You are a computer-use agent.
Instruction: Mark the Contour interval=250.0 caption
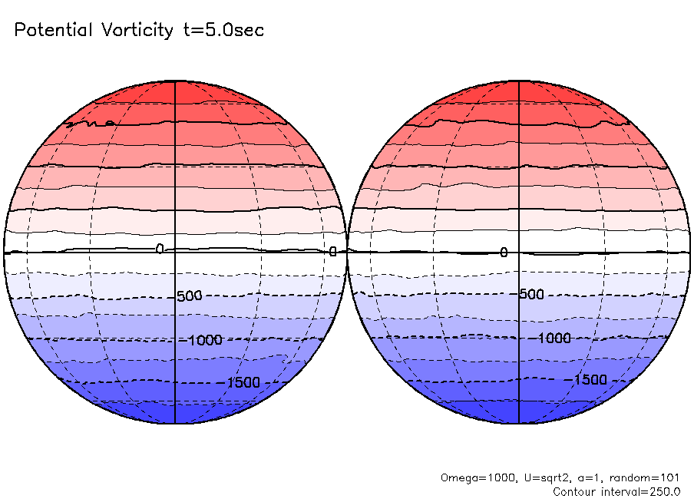[x=616, y=491]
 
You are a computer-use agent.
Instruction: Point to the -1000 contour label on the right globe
[x=553, y=338]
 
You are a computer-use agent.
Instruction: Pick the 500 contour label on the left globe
[x=189, y=296]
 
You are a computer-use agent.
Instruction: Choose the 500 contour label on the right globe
[x=531, y=294]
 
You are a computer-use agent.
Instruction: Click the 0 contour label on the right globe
[x=504, y=253]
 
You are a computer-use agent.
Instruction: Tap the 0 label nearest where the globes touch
[x=333, y=251]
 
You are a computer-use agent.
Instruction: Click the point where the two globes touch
[x=347, y=252]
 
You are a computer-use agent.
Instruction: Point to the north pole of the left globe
[x=176, y=81]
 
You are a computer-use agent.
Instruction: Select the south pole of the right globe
[x=520, y=423]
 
